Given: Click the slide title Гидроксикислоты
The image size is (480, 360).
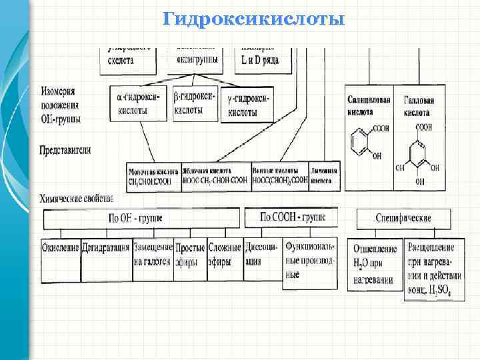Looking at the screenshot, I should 254,19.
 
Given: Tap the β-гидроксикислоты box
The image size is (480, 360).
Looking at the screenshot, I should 195,103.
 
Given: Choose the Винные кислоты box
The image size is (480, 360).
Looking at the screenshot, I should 280,176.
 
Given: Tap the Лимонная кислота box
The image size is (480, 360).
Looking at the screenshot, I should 324,176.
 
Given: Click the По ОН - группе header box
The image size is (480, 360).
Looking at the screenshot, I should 140,218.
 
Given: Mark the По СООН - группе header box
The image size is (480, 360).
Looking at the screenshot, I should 289,217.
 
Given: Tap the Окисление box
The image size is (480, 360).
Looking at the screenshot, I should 61,248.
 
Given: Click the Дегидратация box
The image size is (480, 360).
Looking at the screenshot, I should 106,248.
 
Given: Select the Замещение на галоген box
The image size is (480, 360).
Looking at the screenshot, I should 153,254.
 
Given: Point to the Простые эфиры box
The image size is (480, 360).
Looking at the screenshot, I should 190,254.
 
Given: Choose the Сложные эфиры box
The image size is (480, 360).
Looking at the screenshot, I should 224,254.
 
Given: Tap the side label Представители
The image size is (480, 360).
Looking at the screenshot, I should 66,150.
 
